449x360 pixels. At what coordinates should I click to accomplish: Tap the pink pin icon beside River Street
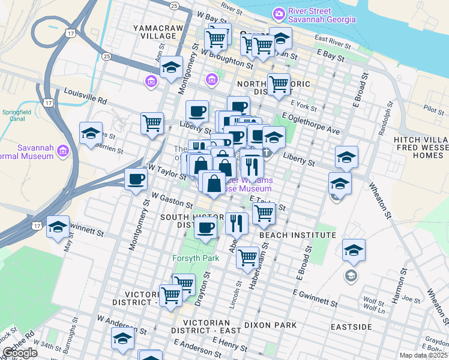point(278,13)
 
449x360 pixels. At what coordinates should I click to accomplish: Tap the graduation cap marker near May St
point(58,227)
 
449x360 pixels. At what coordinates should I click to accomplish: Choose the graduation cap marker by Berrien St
point(91,134)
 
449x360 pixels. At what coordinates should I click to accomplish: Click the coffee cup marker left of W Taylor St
point(136,179)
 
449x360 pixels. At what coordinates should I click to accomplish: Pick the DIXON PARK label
point(270,325)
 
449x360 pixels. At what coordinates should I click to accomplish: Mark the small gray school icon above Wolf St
point(350,275)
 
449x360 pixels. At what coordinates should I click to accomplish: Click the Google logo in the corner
point(20,353)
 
